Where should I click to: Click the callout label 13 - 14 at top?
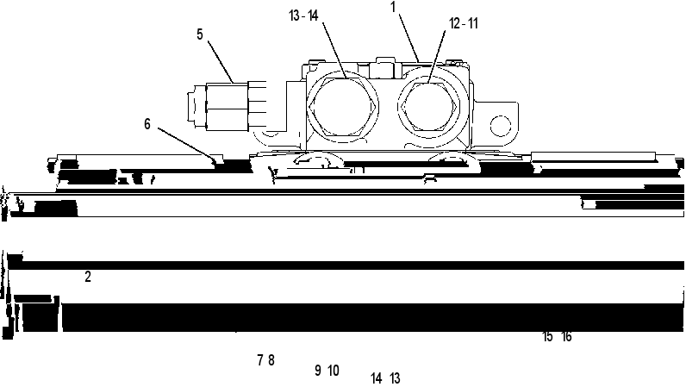[303, 16]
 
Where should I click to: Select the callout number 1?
[393, 7]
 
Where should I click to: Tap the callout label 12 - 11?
[464, 23]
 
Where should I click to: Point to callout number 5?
[200, 34]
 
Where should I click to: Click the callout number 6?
[147, 124]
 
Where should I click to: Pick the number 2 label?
[88, 277]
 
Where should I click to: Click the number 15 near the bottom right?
[547, 337]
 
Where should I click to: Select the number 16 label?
[566, 337]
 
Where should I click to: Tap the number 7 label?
[260, 360]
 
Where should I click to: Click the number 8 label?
[271, 360]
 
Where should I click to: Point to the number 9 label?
[318, 371]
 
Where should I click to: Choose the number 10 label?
[334, 371]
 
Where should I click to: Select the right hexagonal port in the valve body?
[428, 106]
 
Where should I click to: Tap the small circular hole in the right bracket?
[501, 126]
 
